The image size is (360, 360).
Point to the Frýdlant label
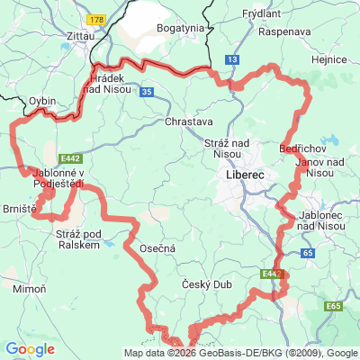[x=261, y=15]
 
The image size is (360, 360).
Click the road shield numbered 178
[x=95, y=18]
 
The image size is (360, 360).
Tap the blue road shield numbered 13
[x=233, y=58]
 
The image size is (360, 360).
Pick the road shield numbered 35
[x=145, y=90]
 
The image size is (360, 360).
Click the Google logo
[x=30, y=349]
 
